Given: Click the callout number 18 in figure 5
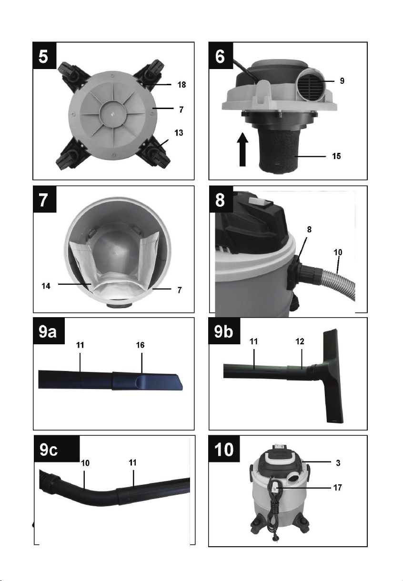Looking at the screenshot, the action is (181, 85).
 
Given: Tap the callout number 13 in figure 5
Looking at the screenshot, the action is (179, 133).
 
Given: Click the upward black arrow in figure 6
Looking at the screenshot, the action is (242, 150).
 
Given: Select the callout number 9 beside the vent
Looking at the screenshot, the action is (342, 80).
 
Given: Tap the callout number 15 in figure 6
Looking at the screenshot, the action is (336, 156).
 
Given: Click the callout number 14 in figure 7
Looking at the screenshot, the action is (46, 286).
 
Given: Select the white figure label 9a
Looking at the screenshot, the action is (48, 332).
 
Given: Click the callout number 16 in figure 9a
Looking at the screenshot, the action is (140, 345).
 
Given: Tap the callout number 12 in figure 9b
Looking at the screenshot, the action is (300, 341).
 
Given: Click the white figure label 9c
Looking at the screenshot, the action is (49, 450).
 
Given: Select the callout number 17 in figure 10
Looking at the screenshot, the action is (337, 488).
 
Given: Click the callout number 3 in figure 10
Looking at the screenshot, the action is (338, 463).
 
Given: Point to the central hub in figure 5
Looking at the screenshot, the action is (112, 114).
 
